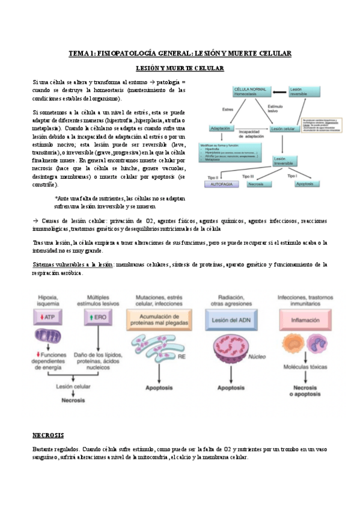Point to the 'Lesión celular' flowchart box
pyautogui.click(x=283, y=129)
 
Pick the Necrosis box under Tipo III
pyautogui.click(x=260, y=184)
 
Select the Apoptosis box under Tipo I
pyautogui.click(x=305, y=184)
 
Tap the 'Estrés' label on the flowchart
pyautogui.click(x=228, y=109)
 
